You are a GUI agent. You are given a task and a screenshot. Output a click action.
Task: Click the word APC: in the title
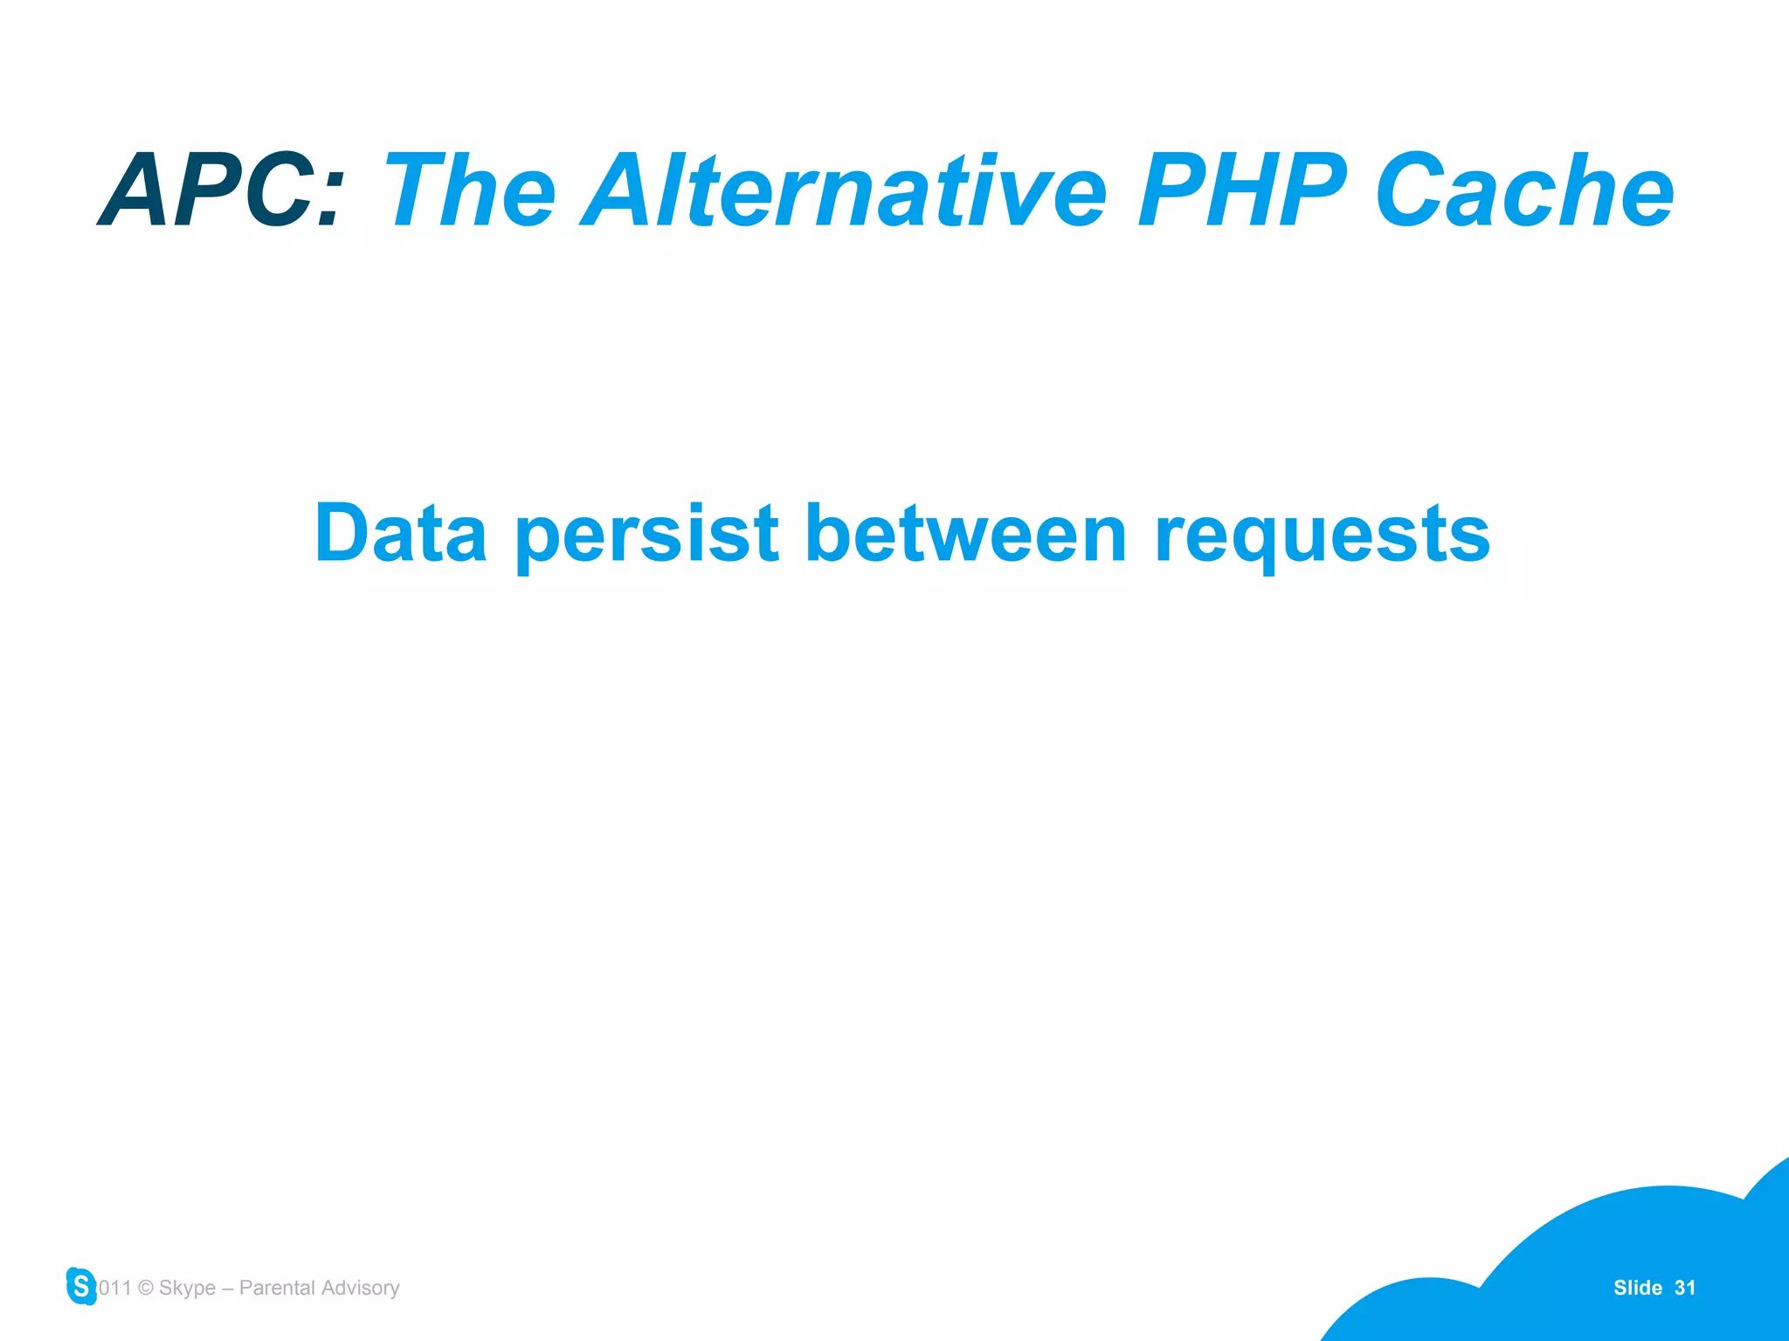(223, 190)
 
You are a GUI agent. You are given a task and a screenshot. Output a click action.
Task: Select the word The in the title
(470, 190)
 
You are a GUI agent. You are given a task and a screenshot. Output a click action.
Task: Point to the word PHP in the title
(1242, 190)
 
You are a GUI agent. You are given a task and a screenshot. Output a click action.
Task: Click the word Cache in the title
(1524, 190)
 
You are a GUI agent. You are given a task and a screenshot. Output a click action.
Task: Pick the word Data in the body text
(401, 534)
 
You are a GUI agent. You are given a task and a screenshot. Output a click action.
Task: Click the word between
(966, 534)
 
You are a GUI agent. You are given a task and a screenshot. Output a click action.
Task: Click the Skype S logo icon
(81, 1286)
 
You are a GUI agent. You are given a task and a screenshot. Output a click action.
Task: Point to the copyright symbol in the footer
(146, 1288)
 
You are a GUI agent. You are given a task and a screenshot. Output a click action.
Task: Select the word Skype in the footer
(187, 1289)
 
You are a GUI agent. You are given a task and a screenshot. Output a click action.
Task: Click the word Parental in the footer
(277, 1288)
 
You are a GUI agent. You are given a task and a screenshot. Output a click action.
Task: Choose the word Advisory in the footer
(361, 1289)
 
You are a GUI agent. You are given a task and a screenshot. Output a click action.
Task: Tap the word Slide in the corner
(1637, 1288)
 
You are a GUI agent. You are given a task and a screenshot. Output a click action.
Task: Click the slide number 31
(1685, 1288)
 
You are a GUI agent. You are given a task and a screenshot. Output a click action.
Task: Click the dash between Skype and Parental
(227, 1289)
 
